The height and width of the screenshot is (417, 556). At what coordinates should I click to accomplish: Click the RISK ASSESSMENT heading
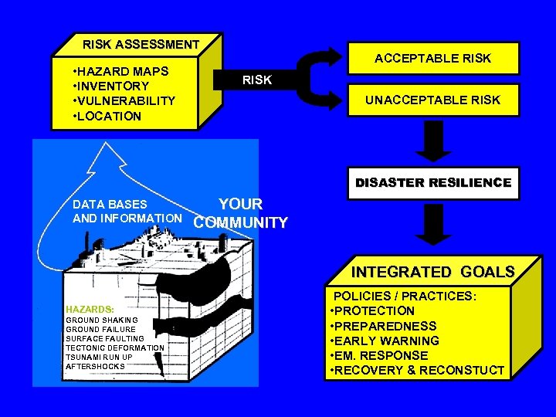point(141,45)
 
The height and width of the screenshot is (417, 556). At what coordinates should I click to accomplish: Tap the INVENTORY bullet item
point(113,86)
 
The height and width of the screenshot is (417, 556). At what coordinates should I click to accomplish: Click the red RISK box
point(257,80)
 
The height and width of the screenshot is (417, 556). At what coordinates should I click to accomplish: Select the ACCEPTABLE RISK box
point(432,59)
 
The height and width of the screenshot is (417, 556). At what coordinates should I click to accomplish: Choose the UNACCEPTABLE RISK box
point(432,100)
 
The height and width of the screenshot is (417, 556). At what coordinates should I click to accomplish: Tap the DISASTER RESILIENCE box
point(432,183)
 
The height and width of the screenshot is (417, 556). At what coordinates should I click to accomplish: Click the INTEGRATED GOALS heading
point(432,272)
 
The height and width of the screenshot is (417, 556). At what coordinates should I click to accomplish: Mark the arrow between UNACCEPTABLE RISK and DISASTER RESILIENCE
point(436,141)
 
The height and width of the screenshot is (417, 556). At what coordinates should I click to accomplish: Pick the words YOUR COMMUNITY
point(240,214)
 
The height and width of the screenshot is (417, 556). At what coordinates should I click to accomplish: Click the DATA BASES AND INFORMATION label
point(126,212)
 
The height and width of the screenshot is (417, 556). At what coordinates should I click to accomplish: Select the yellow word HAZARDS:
point(90,307)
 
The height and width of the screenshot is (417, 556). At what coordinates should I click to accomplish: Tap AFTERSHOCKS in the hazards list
point(95,366)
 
